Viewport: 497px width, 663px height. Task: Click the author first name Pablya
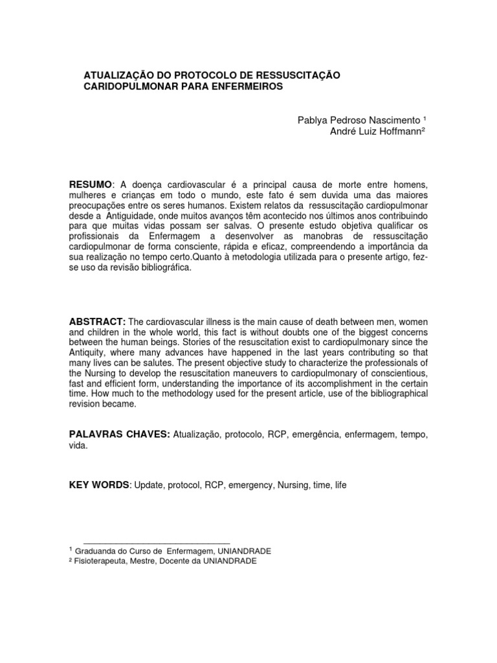312,120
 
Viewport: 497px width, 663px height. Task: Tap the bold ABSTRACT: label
97,322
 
